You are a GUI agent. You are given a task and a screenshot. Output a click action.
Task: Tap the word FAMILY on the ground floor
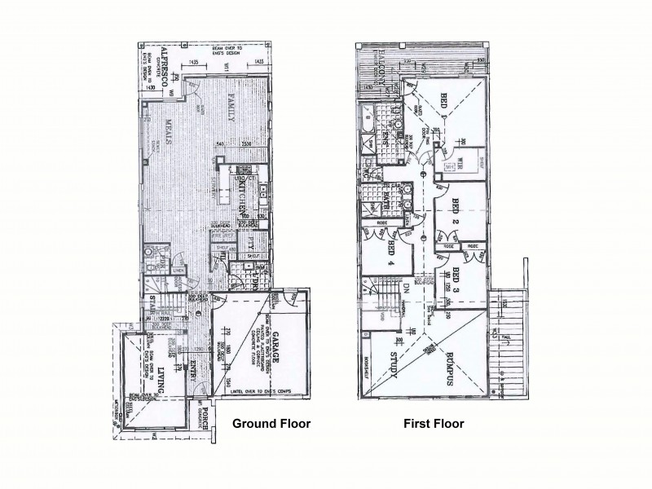pyautogui.click(x=231, y=105)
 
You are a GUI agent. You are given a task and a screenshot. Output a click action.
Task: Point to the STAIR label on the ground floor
pyautogui.click(x=152, y=308)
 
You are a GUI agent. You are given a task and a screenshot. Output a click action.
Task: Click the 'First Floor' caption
pyautogui.click(x=434, y=424)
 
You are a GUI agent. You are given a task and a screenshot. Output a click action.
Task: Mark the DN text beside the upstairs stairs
pyautogui.click(x=421, y=287)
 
